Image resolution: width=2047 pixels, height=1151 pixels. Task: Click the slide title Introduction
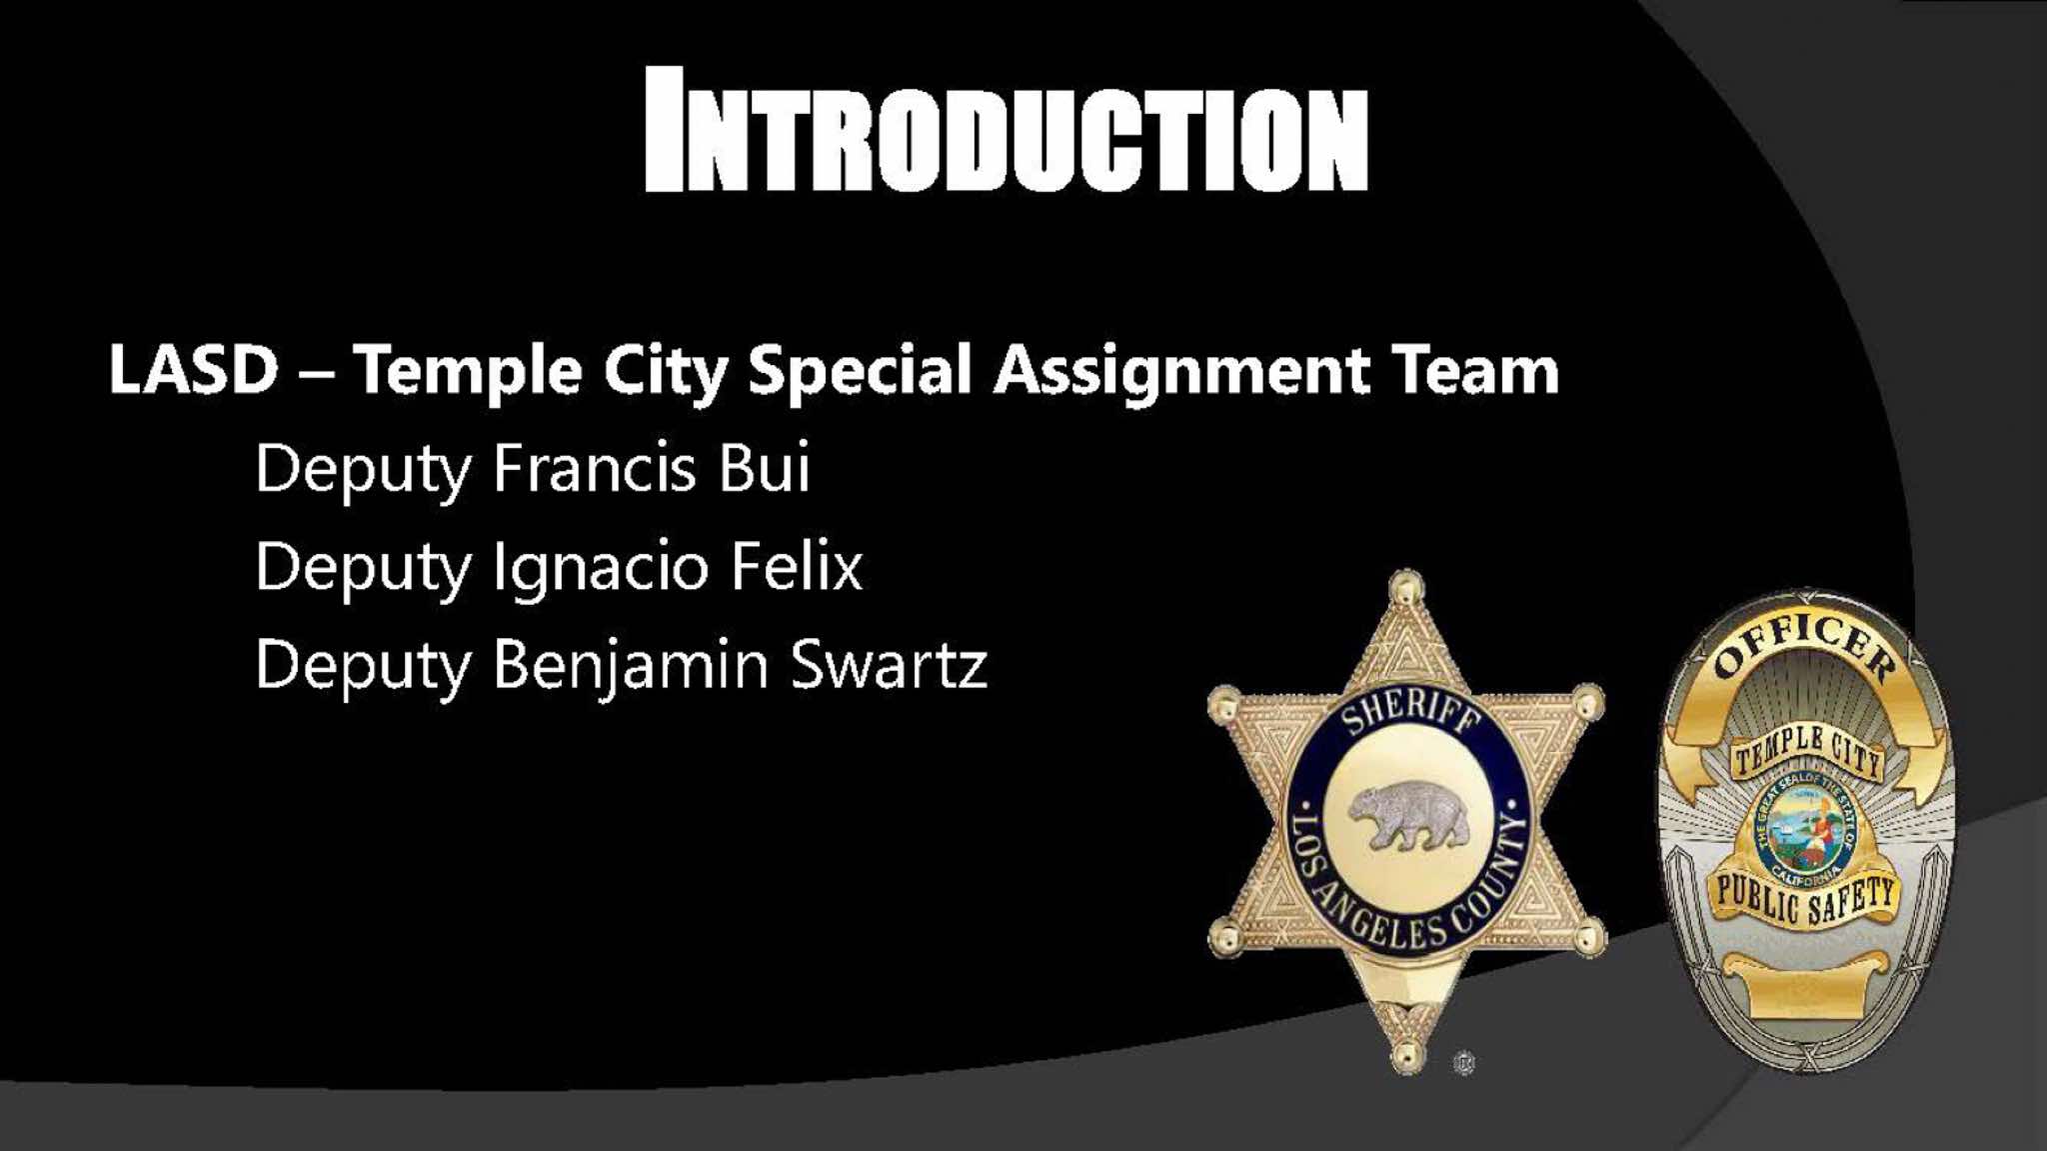1007,129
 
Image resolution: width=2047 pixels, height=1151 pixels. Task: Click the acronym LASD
193,369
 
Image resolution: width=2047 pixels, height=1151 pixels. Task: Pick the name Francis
594,467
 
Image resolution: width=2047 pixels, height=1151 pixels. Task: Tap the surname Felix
796,566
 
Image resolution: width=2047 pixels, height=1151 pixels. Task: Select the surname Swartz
889,665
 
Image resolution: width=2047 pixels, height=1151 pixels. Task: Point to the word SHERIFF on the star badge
1408,718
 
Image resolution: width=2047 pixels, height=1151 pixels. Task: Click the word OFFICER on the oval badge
1806,646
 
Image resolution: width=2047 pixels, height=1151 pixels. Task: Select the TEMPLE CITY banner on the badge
1807,752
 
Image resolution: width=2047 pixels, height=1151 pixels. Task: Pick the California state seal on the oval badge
1807,829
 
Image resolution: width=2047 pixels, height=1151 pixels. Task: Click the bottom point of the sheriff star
1408,1058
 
